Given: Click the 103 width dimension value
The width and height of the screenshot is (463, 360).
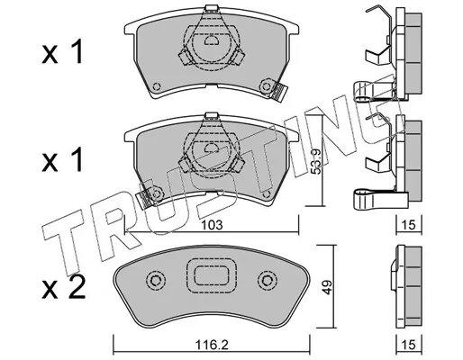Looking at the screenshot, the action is pyautogui.click(x=212, y=225).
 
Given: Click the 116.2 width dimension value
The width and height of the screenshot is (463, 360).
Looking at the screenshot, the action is pyautogui.click(x=212, y=345).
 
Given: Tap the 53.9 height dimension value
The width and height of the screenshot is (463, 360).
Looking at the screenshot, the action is pyautogui.click(x=315, y=162).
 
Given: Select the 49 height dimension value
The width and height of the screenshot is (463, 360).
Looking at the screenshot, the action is pyautogui.click(x=327, y=287).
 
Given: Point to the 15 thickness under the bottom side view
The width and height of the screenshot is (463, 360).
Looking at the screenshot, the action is pyautogui.click(x=409, y=345).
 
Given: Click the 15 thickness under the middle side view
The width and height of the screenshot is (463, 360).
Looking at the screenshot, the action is pyautogui.click(x=409, y=225).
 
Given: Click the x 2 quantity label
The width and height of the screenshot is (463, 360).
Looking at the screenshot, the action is pyautogui.click(x=64, y=287).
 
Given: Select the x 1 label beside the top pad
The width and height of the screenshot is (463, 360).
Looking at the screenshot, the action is pyautogui.click(x=62, y=52).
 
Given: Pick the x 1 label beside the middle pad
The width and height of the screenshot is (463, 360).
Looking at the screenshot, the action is pyautogui.click(x=62, y=160).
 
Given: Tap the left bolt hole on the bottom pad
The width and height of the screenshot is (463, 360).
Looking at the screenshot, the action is pyautogui.click(x=156, y=281).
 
